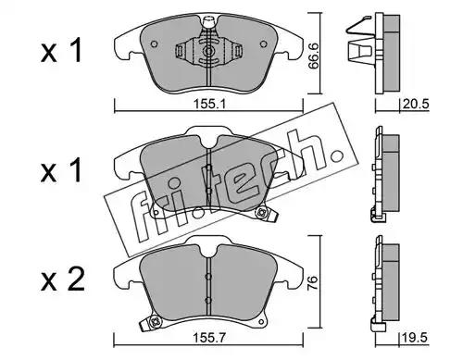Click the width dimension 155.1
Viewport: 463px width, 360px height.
[209, 104]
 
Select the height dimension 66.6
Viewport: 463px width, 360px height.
[313, 56]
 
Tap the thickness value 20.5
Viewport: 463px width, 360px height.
[416, 105]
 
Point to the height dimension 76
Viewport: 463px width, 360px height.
[312, 280]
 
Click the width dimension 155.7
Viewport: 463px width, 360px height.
[209, 338]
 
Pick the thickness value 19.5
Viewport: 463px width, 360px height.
[415, 338]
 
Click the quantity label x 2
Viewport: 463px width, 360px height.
[63, 279]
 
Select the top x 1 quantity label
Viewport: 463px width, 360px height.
[61, 50]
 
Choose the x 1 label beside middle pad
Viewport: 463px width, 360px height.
[61, 169]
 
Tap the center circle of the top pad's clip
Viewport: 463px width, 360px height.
[209, 51]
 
